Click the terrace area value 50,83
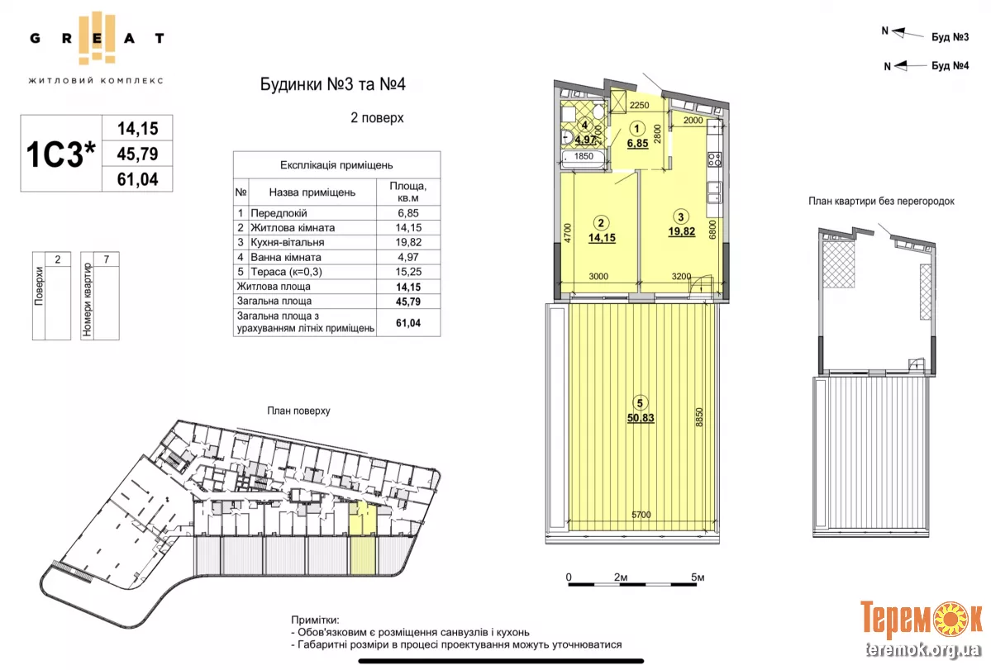(x=641, y=417)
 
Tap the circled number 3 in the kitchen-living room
(x=681, y=216)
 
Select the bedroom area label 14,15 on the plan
(x=602, y=238)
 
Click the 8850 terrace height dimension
(x=699, y=417)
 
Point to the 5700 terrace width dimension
(x=641, y=515)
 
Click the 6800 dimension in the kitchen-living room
(x=713, y=230)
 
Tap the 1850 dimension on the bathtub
(x=584, y=156)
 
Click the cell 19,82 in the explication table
(x=408, y=243)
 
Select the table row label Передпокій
(x=279, y=213)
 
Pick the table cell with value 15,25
(x=408, y=272)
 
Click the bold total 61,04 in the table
(x=408, y=323)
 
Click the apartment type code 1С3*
(x=60, y=154)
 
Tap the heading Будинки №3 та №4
(x=332, y=84)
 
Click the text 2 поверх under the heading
(x=378, y=118)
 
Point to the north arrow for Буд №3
(x=907, y=34)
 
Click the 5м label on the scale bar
(x=697, y=577)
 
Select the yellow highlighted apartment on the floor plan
(x=363, y=537)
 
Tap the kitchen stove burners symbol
(x=715, y=159)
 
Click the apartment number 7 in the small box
(x=106, y=259)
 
